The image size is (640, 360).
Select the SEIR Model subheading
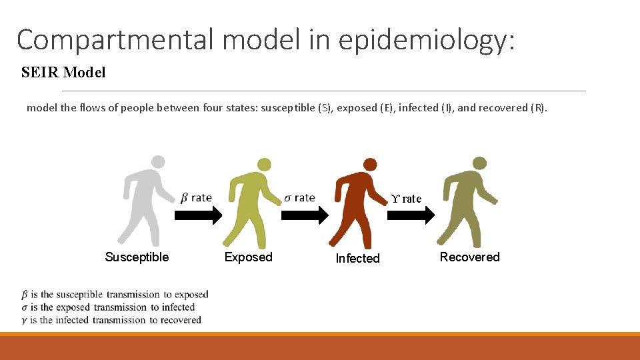click(x=63, y=73)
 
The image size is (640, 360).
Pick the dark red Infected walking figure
click(x=357, y=203)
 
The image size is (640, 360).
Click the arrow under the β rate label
click(x=198, y=215)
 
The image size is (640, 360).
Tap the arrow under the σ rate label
click(x=305, y=215)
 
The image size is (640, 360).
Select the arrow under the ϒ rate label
click(x=411, y=215)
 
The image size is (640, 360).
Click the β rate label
click(x=196, y=198)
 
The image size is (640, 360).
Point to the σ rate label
click(x=299, y=198)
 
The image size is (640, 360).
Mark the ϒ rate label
click(x=407, y=199)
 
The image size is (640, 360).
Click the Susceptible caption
click(x=137, y=257)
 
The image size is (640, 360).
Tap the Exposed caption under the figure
click(x=248, y=257)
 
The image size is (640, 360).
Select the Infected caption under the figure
click(x=357, y=259)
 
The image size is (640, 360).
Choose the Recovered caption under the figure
click(x=469, y=257)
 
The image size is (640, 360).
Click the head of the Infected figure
click(x=369, y=165)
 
